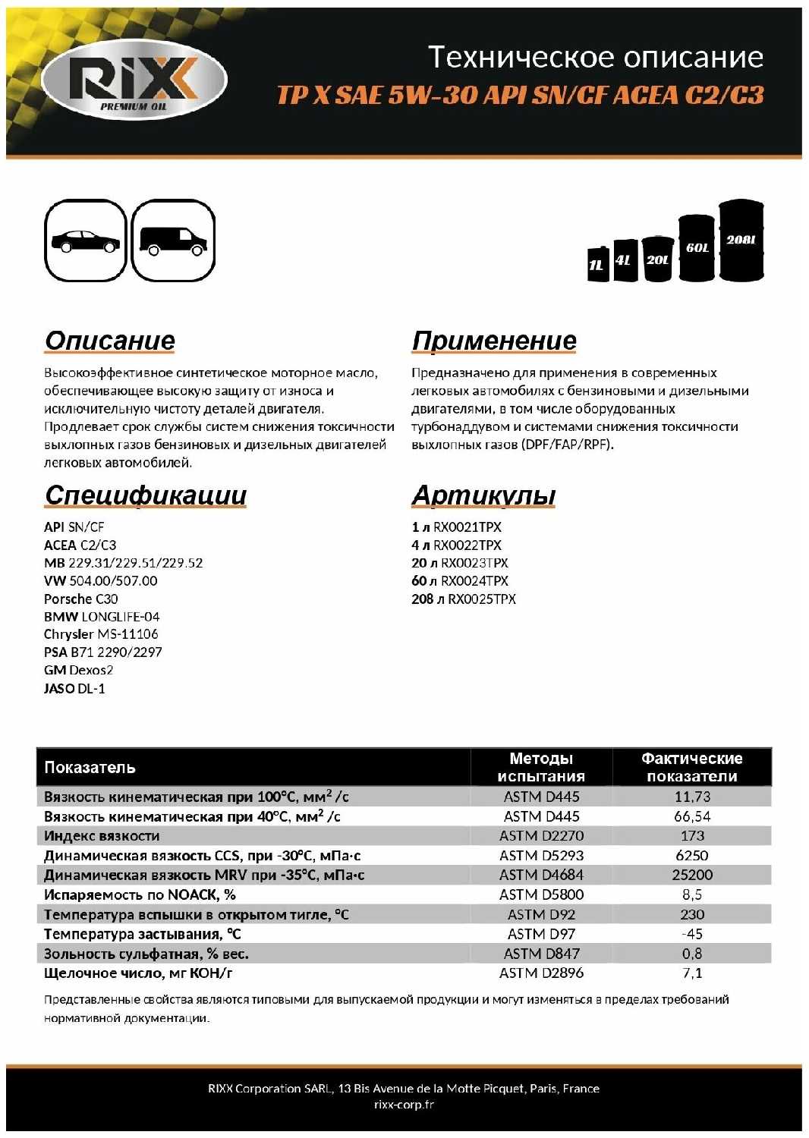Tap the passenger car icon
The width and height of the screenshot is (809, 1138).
coord(85,241)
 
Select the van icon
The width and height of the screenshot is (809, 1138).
coord(173,241)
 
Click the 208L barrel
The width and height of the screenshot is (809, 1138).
coord(741,240)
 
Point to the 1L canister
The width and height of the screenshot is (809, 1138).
coord(598,264)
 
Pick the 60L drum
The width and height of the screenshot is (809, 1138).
coord(697,248)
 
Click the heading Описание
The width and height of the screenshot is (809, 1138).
coord(110,341)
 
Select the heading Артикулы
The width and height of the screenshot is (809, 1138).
coord(483,495)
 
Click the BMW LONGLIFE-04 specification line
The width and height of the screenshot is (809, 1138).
coord(102,617)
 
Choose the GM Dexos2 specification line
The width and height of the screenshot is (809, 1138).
coord(78,670)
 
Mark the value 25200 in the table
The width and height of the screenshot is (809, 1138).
coord(692,875)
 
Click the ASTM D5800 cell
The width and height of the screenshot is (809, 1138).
coord(541,894)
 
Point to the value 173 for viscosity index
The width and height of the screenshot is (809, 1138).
coord(692,835)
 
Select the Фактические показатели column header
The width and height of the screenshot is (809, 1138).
coord(691,767)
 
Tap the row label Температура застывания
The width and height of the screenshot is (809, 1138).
coord(142,934)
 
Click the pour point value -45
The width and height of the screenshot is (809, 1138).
coord(692,934)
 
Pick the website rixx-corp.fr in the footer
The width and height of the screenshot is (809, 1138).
coord(404,1105)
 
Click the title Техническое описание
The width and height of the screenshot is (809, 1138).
coord(596,57)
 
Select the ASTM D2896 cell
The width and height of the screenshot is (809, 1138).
coord(541,973)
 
